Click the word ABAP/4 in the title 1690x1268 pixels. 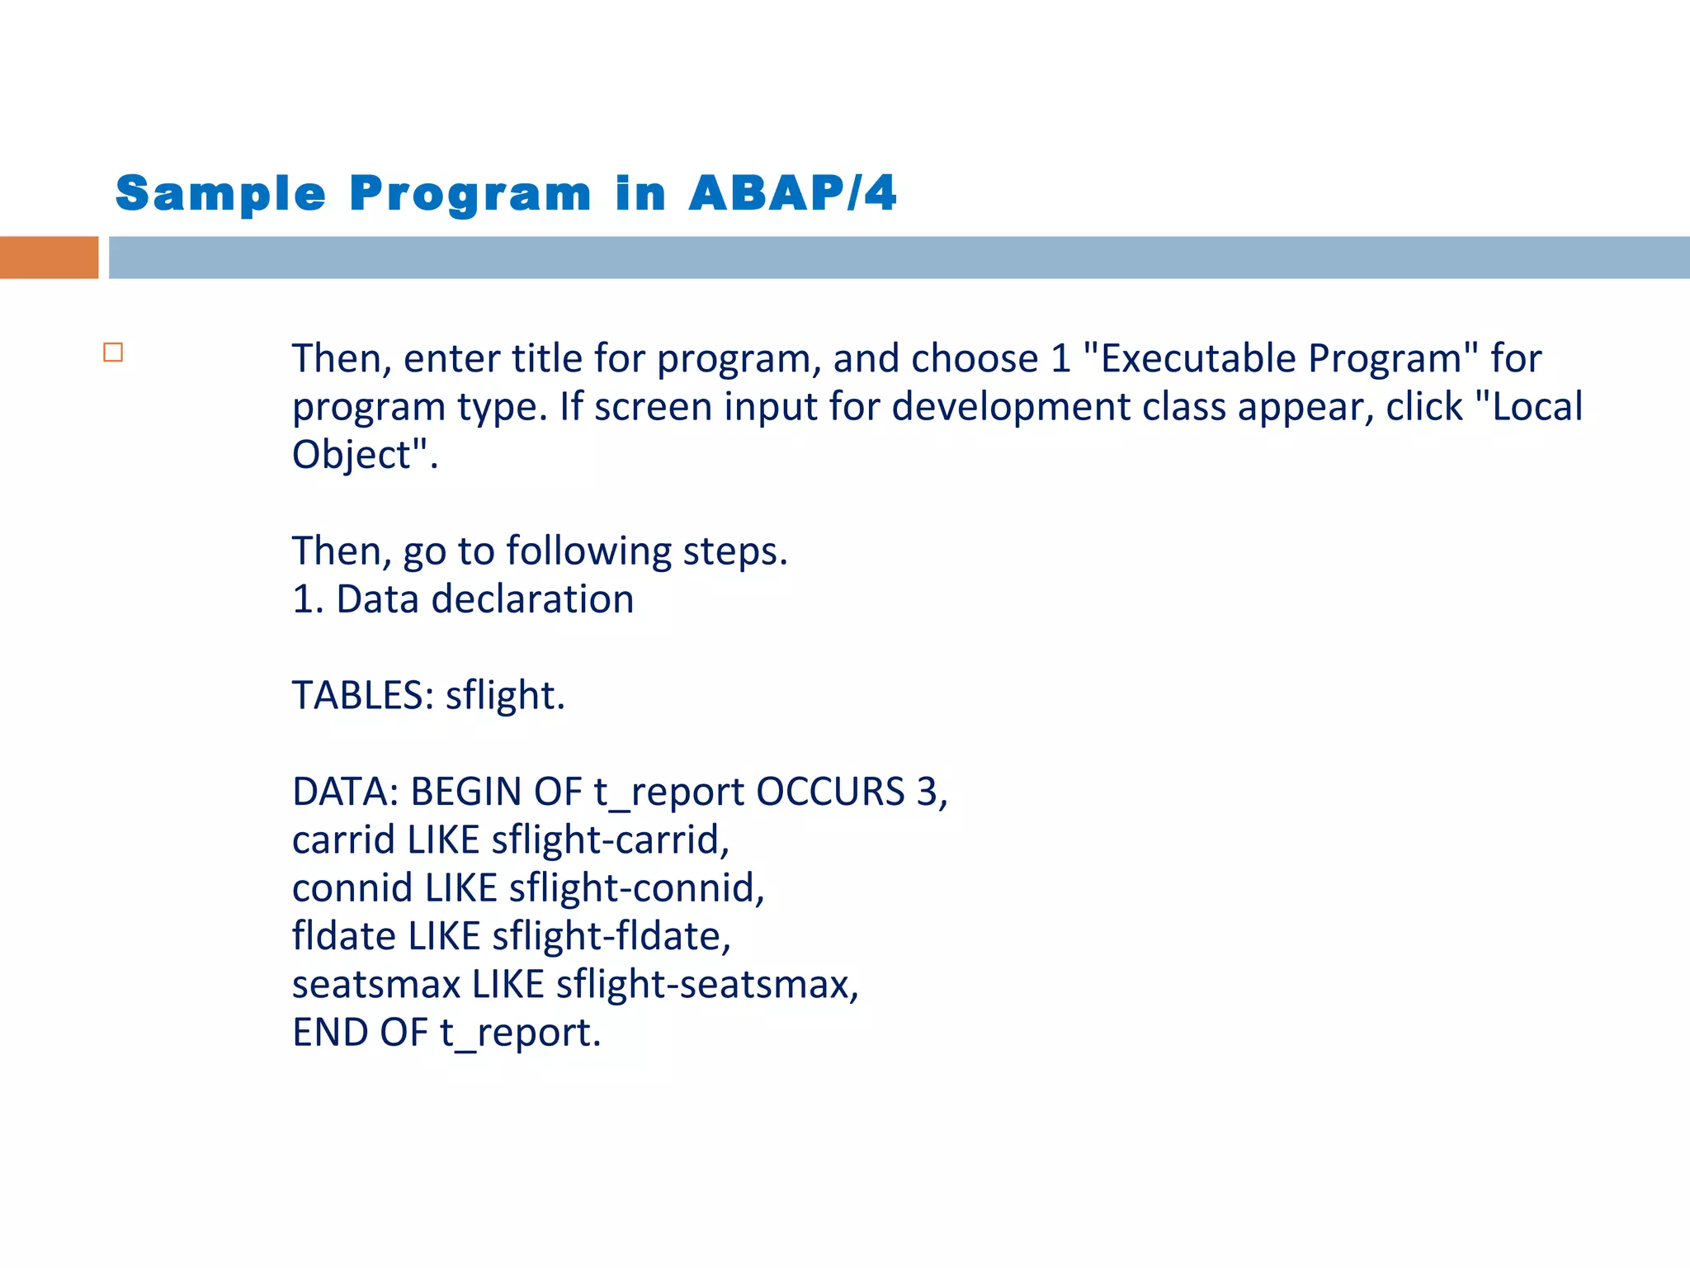[x=792, y=194]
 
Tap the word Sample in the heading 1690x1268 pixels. [x=221, y=194]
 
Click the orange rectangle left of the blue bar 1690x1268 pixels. [x=49, y=258]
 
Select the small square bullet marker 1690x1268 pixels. [x=113, y=352]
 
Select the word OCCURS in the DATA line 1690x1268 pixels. [x=830, y=792]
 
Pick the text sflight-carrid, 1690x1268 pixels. [x=611, y=840]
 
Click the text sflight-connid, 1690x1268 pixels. [x=636, y=888]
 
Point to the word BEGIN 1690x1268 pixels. [x=466, y=792]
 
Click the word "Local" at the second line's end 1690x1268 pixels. [x=1528, y=407]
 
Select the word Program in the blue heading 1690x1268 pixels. [x=470, y=194]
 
